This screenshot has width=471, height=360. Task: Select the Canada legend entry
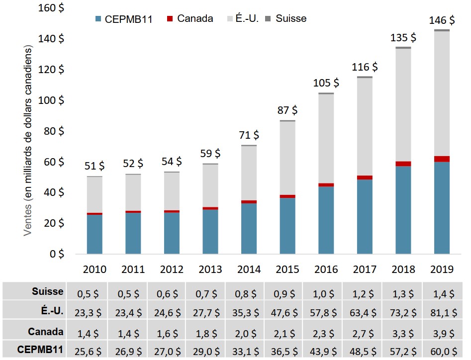(190, 19)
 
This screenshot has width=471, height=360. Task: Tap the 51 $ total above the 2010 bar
(94, 166)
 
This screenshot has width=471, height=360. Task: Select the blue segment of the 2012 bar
(171, 233)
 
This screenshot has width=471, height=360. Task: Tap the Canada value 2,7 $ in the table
(364, 332)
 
